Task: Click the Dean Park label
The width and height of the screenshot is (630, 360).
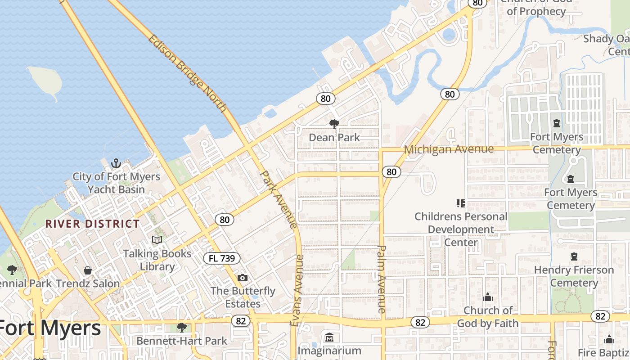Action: [334, 137]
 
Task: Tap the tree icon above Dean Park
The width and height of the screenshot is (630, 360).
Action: [334, 124]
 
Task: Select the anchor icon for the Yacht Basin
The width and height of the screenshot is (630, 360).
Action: [116, 163]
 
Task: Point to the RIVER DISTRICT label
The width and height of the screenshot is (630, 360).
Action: [93, 224]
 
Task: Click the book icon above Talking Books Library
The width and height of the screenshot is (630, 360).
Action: [157, 240]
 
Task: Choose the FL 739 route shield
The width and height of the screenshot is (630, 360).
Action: [222, 258]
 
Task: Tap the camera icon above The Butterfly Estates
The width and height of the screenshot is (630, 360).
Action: [243, 278]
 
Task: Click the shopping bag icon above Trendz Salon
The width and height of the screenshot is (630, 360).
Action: [88, 270]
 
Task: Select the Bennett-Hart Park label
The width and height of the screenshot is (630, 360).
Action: [182, 341]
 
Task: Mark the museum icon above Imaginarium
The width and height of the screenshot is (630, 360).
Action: [329, 337]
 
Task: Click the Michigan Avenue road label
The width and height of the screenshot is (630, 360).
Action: [449, 149]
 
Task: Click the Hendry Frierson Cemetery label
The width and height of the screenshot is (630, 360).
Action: [574, 276]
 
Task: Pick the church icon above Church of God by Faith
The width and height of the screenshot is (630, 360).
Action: [487, 297]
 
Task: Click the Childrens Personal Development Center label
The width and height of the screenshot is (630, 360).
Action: [461, 229]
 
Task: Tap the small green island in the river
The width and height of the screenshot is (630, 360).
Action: [45, 81]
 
